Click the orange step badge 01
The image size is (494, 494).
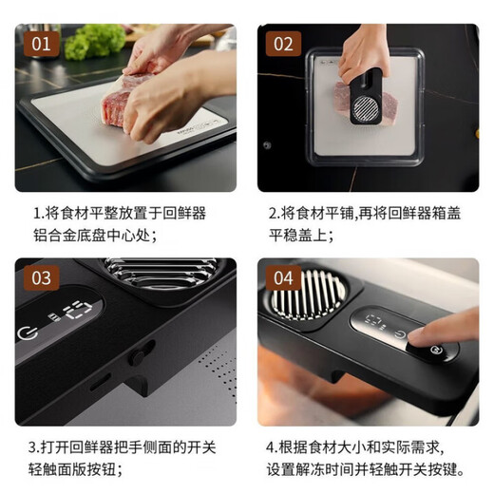point(40,44)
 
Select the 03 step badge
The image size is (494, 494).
point(40,277)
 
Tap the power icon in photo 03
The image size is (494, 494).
point(27,332)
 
